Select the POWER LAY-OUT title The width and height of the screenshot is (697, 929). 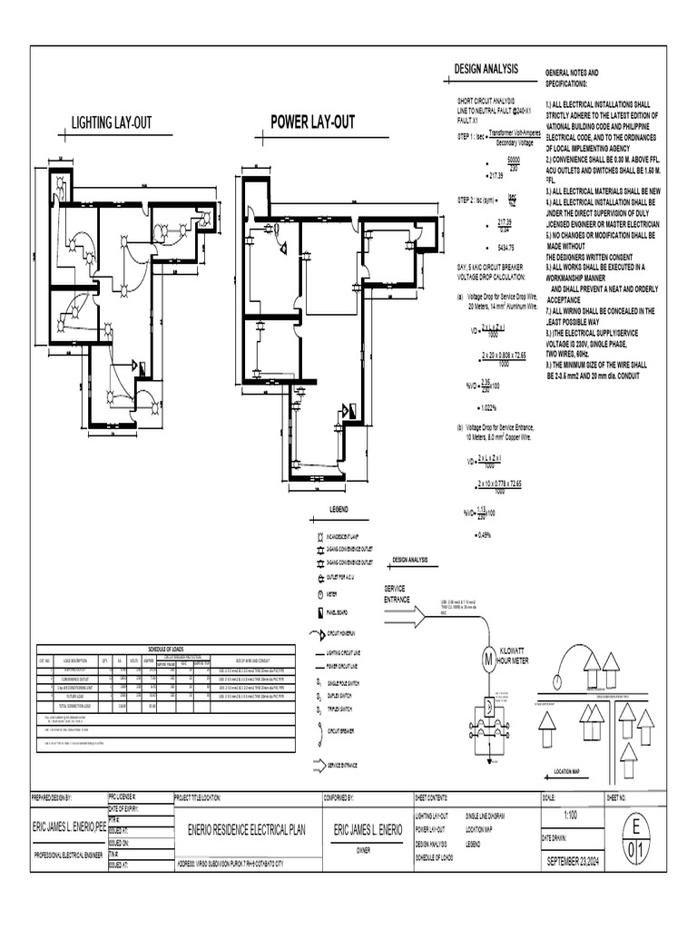coord(312,122)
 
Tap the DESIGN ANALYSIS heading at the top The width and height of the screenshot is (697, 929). coord(486,70)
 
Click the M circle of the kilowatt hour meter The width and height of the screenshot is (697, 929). coord(486,657)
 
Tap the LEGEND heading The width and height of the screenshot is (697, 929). coord(339,510)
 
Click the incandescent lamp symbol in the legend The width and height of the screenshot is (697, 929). coord(319,537)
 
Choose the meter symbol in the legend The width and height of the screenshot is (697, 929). coord(319,594)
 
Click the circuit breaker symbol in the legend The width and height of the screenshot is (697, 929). coord(319,729)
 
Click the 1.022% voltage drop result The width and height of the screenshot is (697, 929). coord(488,406)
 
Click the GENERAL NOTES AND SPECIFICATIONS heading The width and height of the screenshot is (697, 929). coord(571,77)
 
